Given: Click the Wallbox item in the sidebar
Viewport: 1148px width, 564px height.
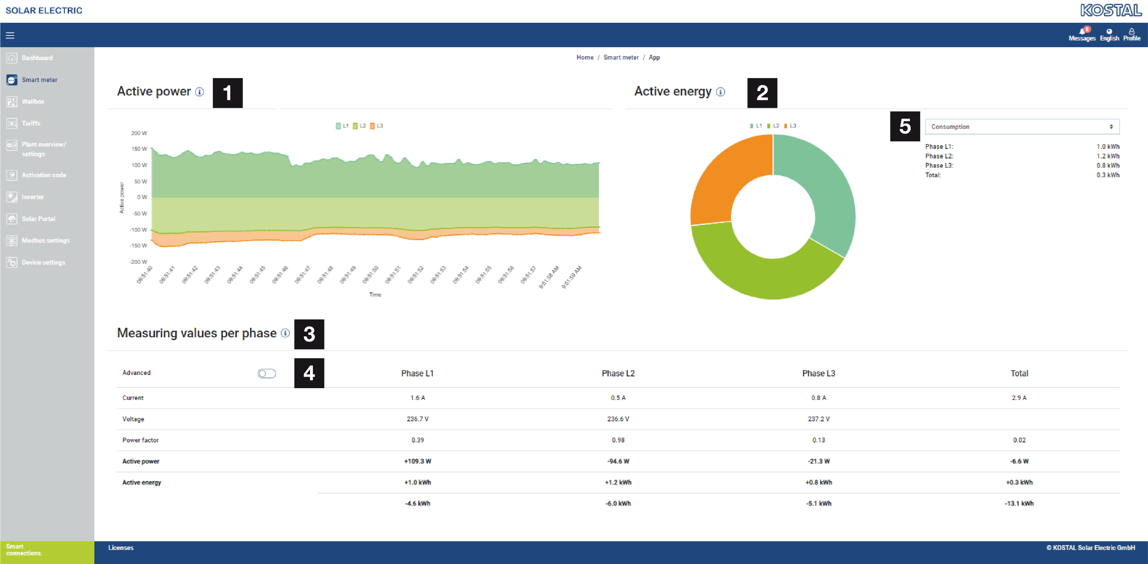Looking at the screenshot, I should point(33,102).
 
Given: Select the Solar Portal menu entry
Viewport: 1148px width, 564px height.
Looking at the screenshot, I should point(38,219).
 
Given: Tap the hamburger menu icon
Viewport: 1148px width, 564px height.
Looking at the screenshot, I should point(10,35).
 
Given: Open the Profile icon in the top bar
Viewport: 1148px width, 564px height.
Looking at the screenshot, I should point(1131,32).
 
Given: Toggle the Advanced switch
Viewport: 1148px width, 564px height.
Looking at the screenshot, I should point(266,374).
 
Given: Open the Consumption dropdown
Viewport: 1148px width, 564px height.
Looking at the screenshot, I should point(1022,127).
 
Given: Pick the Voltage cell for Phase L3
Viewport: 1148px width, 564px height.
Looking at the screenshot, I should point(818,419).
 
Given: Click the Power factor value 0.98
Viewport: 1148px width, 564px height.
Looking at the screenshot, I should point(618,440).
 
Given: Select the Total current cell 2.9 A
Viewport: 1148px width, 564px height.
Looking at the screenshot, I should point(1019,398).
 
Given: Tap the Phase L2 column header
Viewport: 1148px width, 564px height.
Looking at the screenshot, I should point(618,374).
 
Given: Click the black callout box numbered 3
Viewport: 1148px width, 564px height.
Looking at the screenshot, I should point(309,335).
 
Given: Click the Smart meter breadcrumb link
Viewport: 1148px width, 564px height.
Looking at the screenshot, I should point(621,58).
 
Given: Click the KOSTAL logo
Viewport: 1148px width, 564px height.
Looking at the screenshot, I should point(1111,10).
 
